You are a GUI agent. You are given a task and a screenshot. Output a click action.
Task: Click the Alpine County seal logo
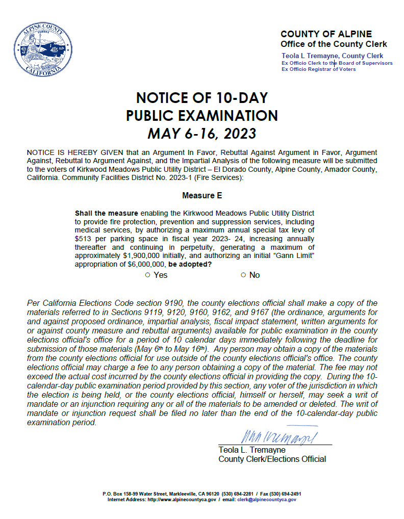41,49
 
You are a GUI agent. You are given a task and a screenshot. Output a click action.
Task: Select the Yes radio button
147,275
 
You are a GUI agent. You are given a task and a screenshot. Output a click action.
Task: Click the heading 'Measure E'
201,195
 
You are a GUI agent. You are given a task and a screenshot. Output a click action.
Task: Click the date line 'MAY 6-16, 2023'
201,134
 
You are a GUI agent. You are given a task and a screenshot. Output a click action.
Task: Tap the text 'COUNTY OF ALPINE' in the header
326,34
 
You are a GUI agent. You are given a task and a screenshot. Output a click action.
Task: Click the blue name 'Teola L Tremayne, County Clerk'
332,56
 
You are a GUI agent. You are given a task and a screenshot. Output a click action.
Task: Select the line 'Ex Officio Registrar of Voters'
319,69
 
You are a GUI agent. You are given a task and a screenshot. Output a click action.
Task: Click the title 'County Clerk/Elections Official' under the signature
272,459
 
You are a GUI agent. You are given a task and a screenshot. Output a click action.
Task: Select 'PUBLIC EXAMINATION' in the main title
201,116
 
